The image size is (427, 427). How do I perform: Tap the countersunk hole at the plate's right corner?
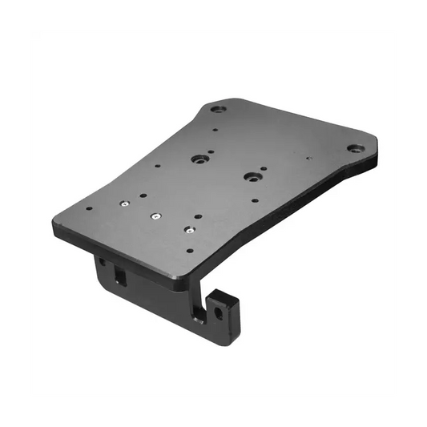click(352, 148)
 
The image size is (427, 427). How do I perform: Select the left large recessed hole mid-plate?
click(196, 159)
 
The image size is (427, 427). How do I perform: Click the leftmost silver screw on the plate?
click(126, 204)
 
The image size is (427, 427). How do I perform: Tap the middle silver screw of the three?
click(154, 215)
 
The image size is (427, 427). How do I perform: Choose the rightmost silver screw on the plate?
click(188, 229)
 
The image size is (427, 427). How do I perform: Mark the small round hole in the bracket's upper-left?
click(102, 260)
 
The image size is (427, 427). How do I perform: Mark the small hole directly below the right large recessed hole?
click(255, 200)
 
